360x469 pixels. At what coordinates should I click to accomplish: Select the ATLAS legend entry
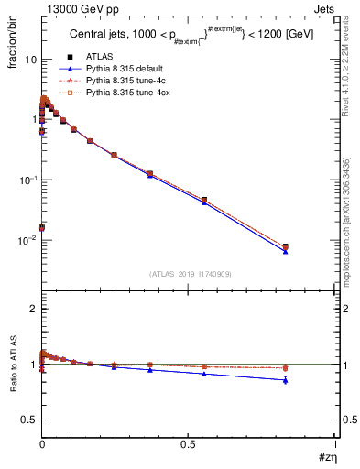point(97,58)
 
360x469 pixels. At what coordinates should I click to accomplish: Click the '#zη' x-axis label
point(325,457)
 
